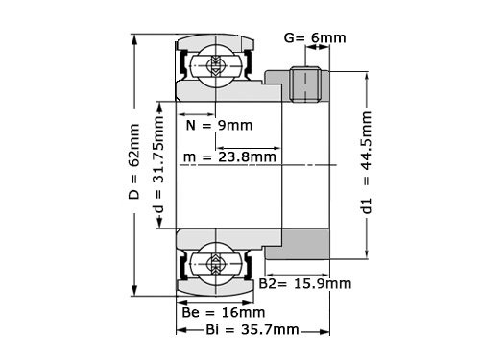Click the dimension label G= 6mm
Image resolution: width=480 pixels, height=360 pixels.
coord(315,39)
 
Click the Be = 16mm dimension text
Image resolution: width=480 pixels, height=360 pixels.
coord(223,312)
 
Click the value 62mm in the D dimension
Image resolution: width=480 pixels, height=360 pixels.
coord(134,146)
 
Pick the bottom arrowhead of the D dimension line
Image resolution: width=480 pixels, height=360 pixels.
coord(135,290)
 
